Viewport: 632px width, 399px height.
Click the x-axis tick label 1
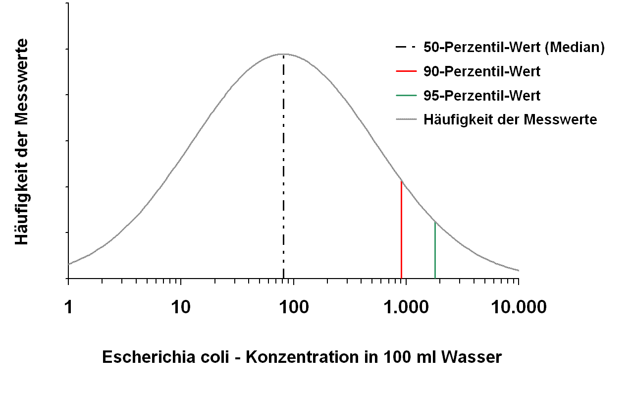[68, 308]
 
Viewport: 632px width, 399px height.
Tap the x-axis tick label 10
[181, 308]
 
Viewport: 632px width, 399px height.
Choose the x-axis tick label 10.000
[519, 308]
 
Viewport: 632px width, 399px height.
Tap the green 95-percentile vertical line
[435, 250]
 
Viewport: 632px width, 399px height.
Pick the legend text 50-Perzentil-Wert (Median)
[514, 48]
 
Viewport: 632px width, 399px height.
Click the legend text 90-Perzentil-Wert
[482, 71]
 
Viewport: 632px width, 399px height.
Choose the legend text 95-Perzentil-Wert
[482, 95]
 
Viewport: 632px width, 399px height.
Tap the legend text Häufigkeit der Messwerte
[510, 119]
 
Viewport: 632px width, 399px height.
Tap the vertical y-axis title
[22, 142]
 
